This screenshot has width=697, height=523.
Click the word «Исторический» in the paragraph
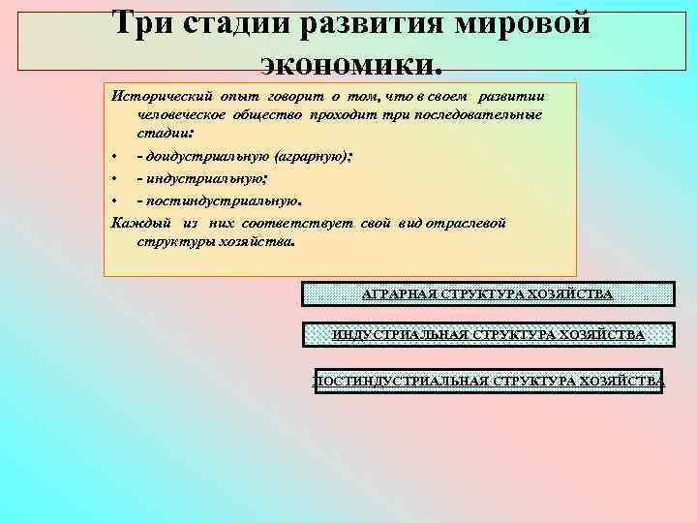156,98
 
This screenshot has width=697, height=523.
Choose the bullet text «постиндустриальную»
222,201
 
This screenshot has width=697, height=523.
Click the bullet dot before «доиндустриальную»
114,156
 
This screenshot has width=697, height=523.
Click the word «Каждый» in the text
136,223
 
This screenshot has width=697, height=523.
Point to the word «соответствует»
299,223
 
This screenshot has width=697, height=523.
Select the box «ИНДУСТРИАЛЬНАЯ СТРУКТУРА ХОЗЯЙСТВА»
488,335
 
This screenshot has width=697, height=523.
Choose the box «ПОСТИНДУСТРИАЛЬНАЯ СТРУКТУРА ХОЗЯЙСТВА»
488,381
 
